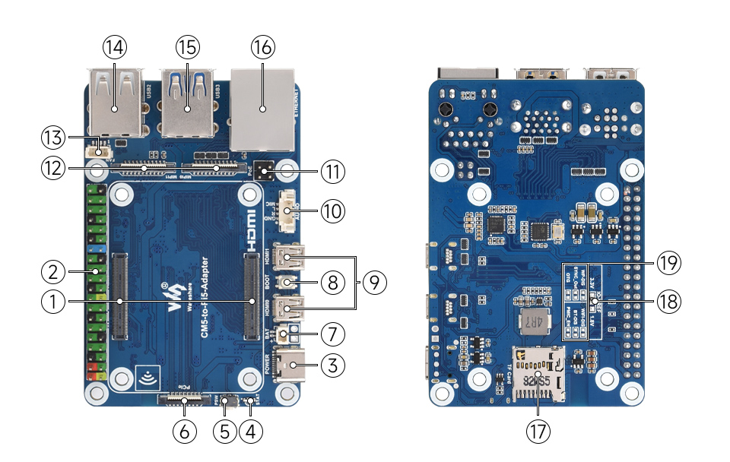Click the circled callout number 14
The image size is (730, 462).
(115, 47)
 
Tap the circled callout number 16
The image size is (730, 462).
(263, 47)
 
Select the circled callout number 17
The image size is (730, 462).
(538, 431)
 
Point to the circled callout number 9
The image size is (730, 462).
(373, 283)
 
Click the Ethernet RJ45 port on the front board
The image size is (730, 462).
(263, 106)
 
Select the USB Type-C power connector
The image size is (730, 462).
(293, 366)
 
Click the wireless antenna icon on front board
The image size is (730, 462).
(147, 375)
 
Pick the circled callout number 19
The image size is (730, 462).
(668, 264)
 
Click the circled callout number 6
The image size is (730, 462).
(184, 431)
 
